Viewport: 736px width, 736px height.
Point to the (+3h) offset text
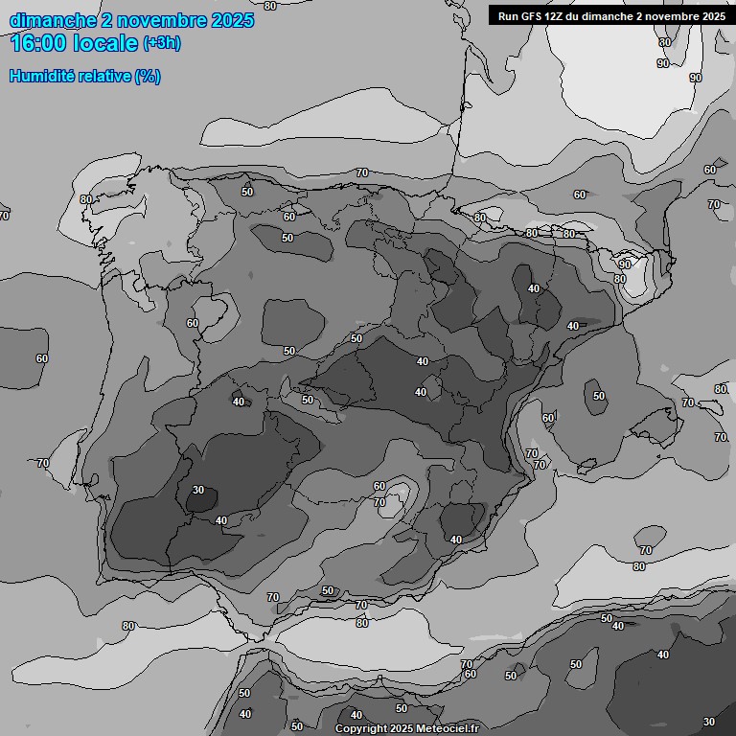[161, 44]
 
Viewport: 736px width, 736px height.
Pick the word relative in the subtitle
[103, 77]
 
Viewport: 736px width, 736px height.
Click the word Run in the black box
[509, 16]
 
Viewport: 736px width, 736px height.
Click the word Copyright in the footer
[360, 729]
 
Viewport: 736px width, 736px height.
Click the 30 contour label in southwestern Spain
[198, 490]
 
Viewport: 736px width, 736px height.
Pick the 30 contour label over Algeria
[709, 722]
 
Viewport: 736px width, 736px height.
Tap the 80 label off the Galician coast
[86, 199]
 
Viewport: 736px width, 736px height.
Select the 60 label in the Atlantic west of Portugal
[41, 358]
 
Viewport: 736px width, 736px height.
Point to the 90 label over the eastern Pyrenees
[625, 264]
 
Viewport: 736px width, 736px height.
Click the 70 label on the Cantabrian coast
[361, 172]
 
